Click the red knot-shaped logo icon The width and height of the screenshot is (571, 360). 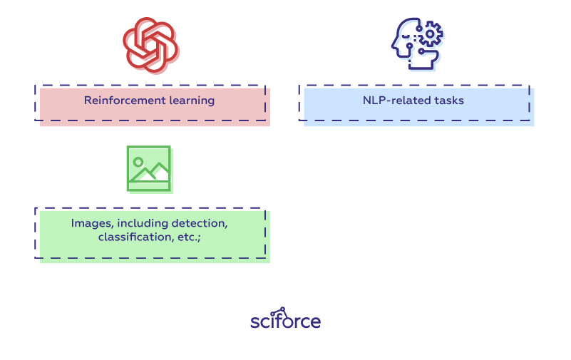coord(150,44)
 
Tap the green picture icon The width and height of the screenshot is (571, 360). coord(148,169)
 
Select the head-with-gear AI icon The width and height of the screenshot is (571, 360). coord(416,44)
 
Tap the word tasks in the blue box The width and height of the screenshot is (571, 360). coord(448,101)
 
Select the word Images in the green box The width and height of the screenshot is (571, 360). coord(91,223)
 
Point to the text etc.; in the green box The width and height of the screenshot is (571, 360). coord(188,237)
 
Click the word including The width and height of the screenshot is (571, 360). coord(144,223)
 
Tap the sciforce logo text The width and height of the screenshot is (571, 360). coord(285,322)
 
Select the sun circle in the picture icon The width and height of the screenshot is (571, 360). coord(138,162)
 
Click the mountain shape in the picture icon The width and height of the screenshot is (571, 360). coord(153,173)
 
